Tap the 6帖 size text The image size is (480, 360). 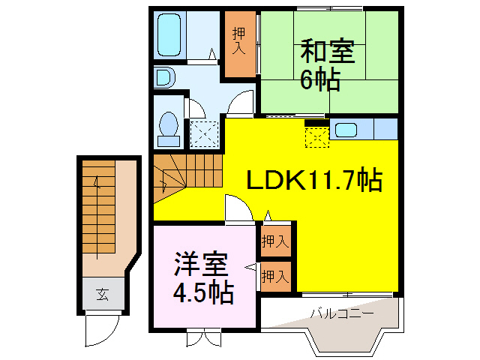[x=320, y=79]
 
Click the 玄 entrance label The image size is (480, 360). [x=101, y=294]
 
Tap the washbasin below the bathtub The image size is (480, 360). [x=163, y=78]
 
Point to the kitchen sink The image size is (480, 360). [x=346, y=129]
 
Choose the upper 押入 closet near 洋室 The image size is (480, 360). [x=275, y=241]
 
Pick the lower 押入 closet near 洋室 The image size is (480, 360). [x=275, y=276]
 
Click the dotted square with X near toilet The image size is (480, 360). [x=202, y=133]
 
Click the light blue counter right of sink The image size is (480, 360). [x=385, y=128]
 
